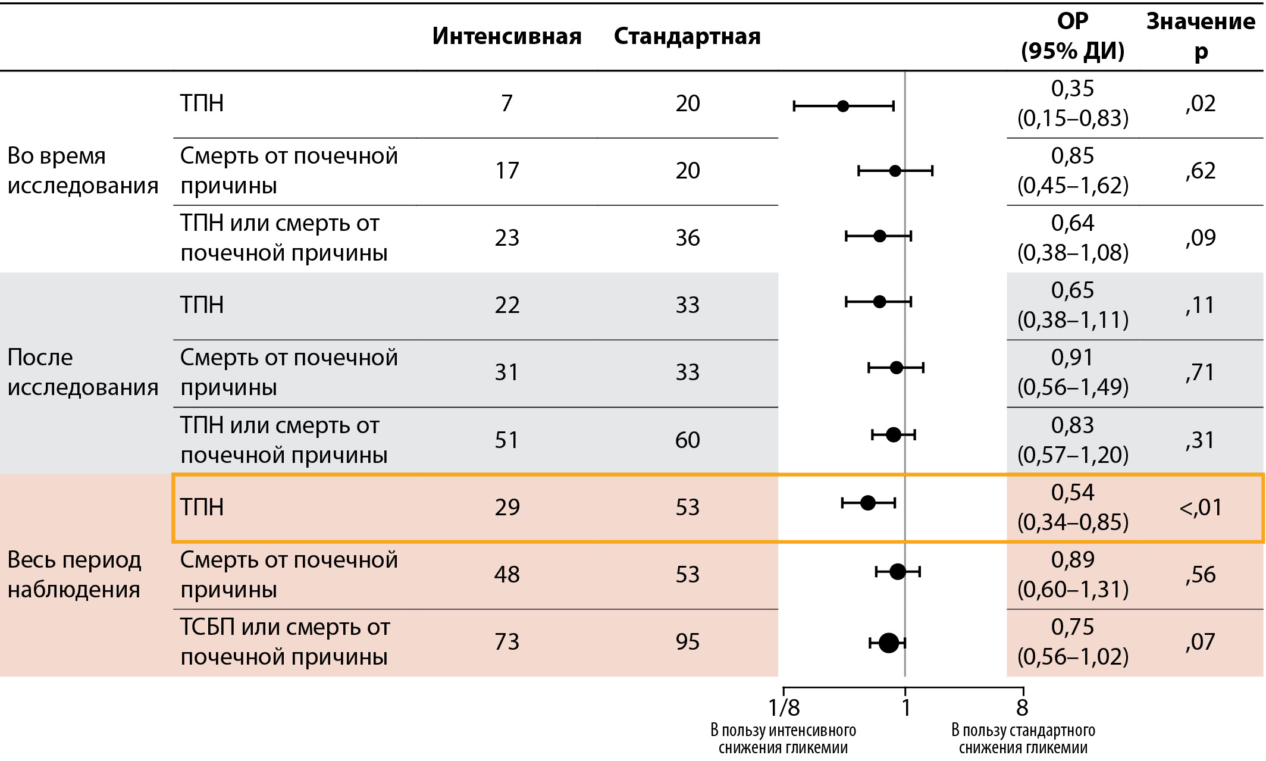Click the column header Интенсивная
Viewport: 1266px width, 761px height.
click(506, 36)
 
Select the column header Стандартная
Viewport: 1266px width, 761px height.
click(687, 36)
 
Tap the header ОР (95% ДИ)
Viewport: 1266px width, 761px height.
click(1073, 36)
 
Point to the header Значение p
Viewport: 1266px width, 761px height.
click(1201, 36)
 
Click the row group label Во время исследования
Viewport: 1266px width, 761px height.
click(83, 171)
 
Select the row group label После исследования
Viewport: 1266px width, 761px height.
click(83, 372)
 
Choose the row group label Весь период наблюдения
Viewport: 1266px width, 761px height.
click(74, 575)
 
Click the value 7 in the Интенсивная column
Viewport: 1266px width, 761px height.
click(506, 104)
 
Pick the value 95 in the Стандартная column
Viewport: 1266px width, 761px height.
click(687, 641)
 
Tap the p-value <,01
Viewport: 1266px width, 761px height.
click(1201, 508)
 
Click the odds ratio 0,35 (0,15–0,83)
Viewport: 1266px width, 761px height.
click(1073, 104)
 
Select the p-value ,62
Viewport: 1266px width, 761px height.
click(1201, 171)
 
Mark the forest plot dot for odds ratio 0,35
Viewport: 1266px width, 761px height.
click(843, 107)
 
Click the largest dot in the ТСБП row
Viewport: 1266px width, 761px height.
click(888, 643)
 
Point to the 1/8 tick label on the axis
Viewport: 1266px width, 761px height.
click(784, 708)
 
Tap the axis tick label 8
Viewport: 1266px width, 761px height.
click(1022, 708)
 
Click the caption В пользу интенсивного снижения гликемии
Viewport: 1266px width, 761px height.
click(783, 739)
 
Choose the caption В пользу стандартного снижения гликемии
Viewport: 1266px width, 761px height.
click(1023, 739)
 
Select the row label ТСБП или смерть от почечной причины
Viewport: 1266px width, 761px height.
click(285, 642)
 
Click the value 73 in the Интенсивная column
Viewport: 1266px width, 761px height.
click(506, 641)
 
